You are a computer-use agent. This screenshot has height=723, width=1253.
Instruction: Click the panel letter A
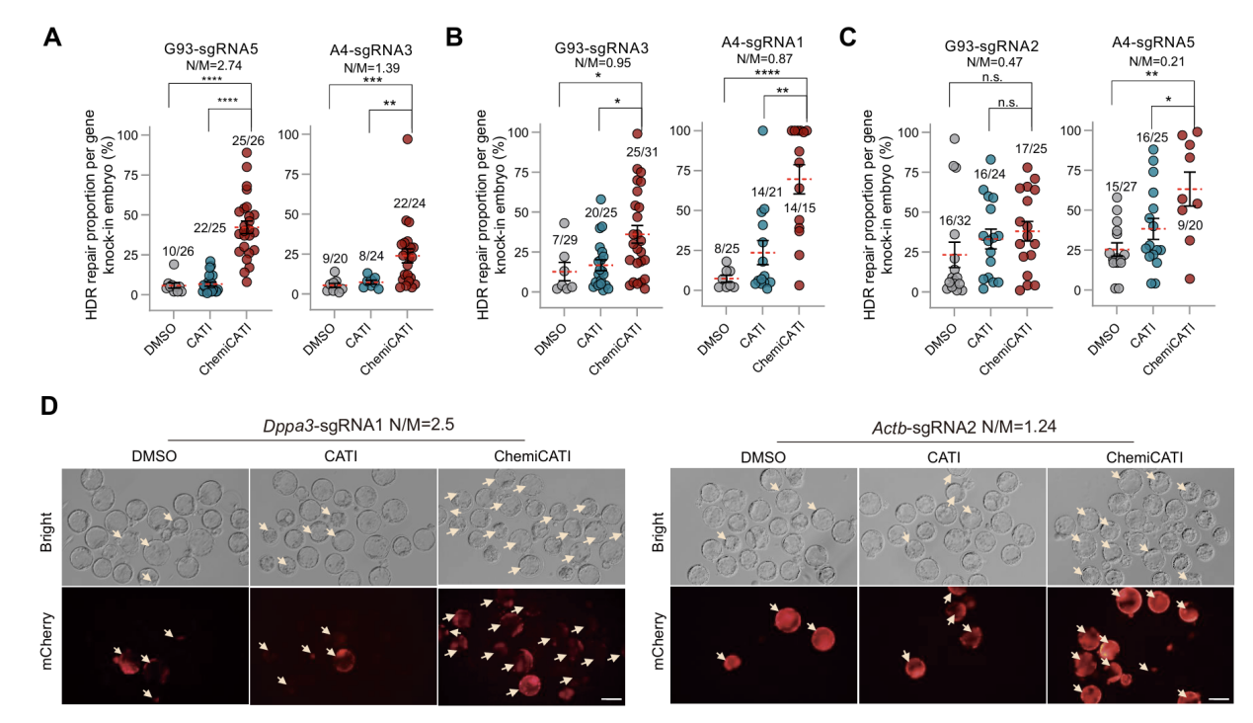53,39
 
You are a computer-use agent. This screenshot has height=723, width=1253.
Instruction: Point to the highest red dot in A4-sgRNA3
407,139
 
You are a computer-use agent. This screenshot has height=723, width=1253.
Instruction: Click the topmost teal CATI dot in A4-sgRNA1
761,130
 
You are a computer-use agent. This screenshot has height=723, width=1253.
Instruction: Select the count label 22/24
407,230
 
